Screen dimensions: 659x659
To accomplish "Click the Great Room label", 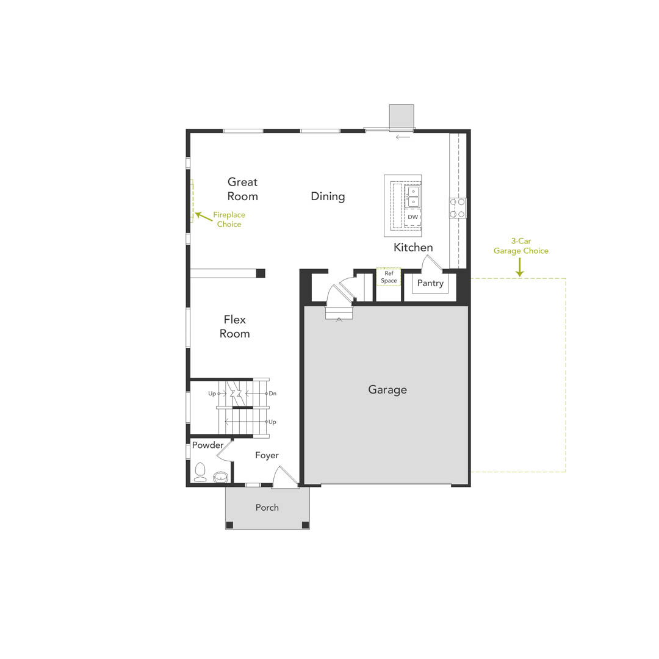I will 242,189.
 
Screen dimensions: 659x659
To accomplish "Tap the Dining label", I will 328,196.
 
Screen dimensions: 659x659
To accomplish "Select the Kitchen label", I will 413,247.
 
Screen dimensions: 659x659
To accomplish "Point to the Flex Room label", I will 234,326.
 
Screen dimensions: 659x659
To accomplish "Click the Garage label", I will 387,389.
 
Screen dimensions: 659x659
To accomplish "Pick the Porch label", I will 267,507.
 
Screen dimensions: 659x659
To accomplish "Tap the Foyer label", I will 267,455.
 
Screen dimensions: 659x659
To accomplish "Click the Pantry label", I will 430,283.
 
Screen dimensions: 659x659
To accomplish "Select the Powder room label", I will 207,445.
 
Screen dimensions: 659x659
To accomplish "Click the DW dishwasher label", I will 413,217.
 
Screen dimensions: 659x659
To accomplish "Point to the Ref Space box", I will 389,277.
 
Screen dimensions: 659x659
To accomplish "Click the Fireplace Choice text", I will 229,220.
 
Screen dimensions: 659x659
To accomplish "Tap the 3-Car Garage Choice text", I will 520,246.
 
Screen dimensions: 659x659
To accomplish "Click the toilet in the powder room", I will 200,472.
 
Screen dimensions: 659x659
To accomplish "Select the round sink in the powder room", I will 220,477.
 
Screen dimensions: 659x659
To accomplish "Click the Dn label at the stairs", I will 272,394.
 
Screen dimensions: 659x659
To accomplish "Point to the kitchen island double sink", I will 413,196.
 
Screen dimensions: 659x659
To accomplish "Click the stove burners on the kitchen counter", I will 458,207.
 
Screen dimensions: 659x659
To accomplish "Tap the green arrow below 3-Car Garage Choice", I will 520,267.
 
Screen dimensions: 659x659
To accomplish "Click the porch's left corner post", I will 229,525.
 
